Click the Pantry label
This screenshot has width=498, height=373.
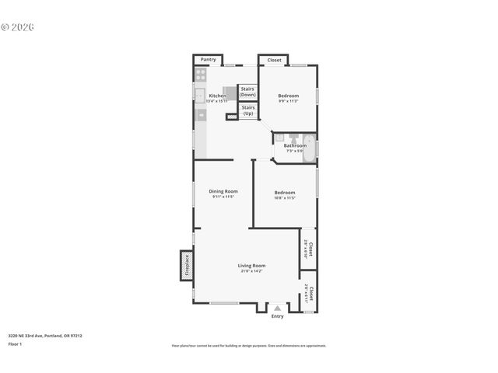point(208,60)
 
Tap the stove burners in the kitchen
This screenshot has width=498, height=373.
point(200,75)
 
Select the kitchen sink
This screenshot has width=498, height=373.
point(199,96)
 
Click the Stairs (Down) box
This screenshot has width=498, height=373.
point(247,92)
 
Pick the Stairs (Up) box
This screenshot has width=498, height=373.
point(248,111)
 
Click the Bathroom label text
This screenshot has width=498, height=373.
point(295,145)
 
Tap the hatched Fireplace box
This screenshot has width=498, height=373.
point(186,265)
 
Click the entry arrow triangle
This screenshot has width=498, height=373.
point(278,309)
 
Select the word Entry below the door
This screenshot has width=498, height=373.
point(278,316)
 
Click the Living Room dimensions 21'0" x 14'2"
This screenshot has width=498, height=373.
point(251,271)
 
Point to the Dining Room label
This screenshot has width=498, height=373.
point(223,191)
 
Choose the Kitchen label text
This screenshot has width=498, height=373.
point(217,96)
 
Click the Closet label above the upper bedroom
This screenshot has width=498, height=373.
point(275,60)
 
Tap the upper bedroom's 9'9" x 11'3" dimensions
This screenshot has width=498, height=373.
point(289,102)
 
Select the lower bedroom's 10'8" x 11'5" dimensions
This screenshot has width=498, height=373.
point(285,198)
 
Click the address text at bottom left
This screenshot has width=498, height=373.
point(45,336)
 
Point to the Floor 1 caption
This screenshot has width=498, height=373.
point(15,343)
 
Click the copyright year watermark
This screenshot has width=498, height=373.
point(18,27)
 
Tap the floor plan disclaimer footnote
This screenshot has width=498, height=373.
point(248,346)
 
